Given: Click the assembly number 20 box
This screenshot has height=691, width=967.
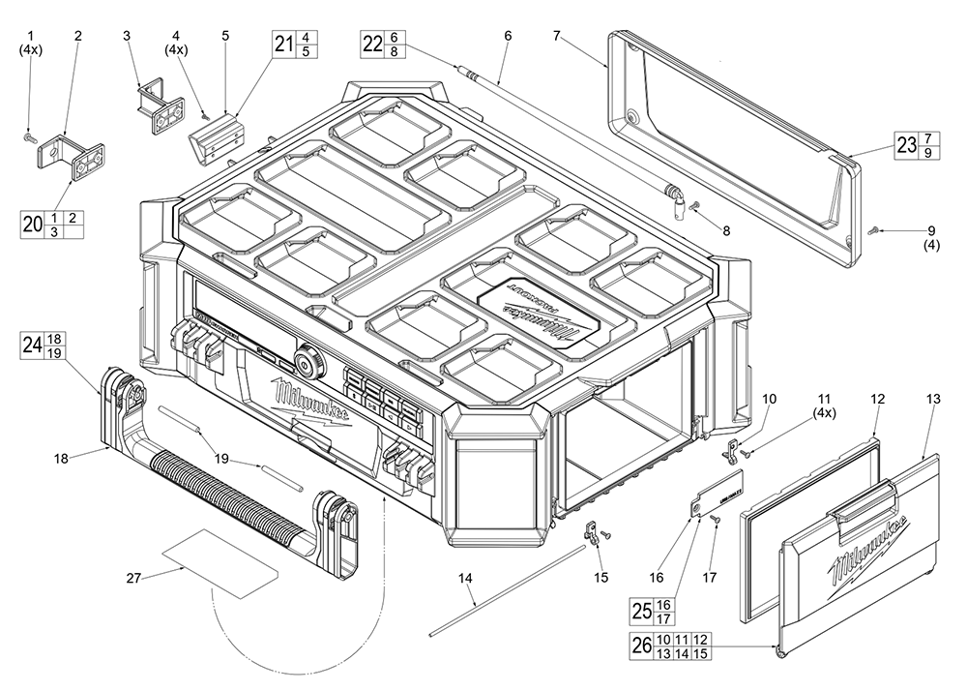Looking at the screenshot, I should coord(33,225).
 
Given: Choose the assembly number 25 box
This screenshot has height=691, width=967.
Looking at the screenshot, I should coord(641,611).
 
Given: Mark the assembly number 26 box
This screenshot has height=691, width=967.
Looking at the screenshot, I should coord(641,646).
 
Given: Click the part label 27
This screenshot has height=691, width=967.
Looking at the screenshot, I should coord(133,578).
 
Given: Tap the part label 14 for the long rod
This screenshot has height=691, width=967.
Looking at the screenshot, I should coord(466,578).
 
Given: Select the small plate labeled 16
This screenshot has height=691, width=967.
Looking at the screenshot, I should coord(720,495).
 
